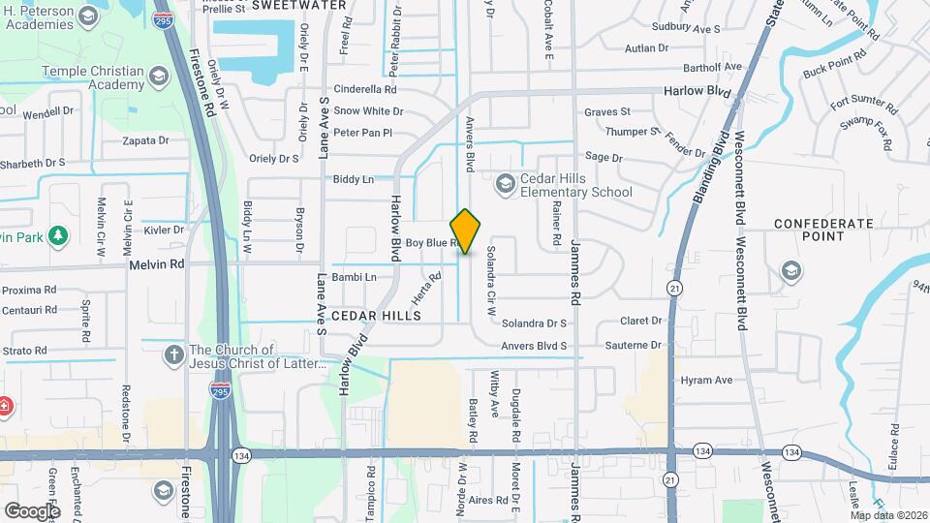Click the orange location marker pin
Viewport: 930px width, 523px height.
[x=465, y=231]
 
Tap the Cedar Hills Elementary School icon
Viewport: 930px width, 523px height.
[x=505, y=183]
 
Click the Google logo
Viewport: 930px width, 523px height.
[x=32, y=510]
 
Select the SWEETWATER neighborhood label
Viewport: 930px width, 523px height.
[x=299, y=5]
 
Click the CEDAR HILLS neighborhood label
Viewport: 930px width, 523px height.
[x=376, y=316]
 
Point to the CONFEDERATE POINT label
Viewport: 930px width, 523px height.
[x=824, y=231]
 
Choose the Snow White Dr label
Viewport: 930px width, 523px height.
[x=368, y=111]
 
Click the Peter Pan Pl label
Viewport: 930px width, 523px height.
[x=362, y=133]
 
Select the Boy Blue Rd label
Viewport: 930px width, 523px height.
[x=432, y=242]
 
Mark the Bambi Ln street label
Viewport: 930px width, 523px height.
[x=354, y=277]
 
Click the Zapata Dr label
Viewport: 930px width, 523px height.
[x=146, y=140]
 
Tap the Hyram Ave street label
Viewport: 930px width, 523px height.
[x=706, y=381]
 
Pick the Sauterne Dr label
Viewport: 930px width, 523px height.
[x=635, y=345]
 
